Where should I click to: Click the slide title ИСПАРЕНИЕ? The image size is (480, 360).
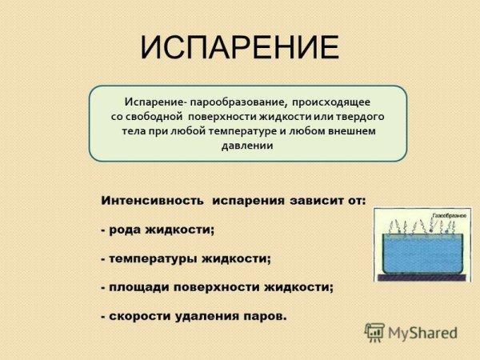[239, 48]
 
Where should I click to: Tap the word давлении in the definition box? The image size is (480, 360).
[247, 146]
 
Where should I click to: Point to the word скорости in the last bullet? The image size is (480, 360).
[141, 315]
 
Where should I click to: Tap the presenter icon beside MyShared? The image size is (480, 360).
[374, 332]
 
